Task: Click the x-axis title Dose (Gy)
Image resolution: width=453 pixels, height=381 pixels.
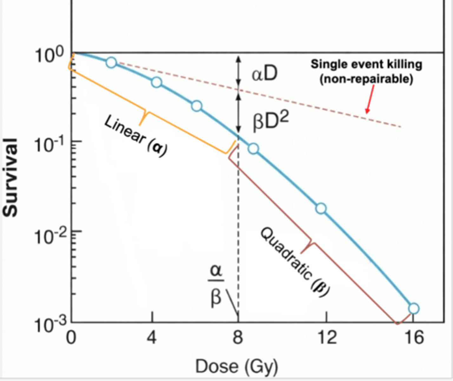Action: click(237, 366)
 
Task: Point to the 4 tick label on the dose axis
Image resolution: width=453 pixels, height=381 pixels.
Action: click(152, 337)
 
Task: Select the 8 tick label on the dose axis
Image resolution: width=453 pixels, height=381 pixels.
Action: click(238, 337)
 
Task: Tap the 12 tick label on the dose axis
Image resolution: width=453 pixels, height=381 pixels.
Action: click(327, 337)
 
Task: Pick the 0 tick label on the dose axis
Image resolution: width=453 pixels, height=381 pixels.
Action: click(71, 337)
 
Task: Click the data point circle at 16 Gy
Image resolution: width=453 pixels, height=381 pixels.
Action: click(414, 308)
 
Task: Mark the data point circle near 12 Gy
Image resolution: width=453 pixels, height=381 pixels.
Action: click(321, 209)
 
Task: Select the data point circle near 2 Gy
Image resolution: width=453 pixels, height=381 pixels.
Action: click(111, 63)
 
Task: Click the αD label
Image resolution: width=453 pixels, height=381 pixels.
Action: click(265, 74)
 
